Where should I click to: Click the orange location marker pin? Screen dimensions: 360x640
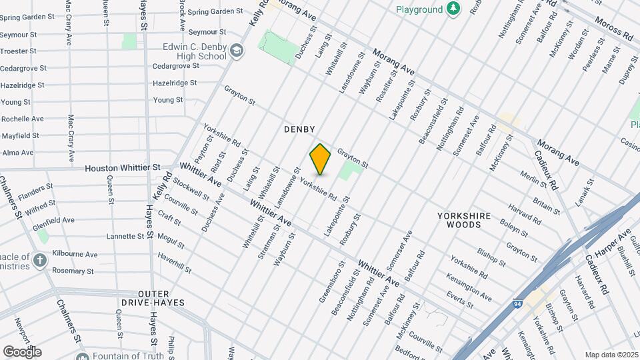pyautogui.click(x=321, y=159)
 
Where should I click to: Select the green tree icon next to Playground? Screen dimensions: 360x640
pyautogui.click(x=453, y=9)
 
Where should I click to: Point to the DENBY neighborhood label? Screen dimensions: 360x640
pyautogui.click(x=299, y=129)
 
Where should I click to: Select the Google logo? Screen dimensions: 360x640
pyautogui.click(x=22, y=351)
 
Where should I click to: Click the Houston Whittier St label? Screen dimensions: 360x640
pyautogui.click(x=123, y=169)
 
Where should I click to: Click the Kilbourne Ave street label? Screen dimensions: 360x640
pyautogui.click(x=76, y=255)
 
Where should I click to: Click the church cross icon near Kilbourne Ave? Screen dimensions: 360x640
pyautogui.click(x=40, y=260)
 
